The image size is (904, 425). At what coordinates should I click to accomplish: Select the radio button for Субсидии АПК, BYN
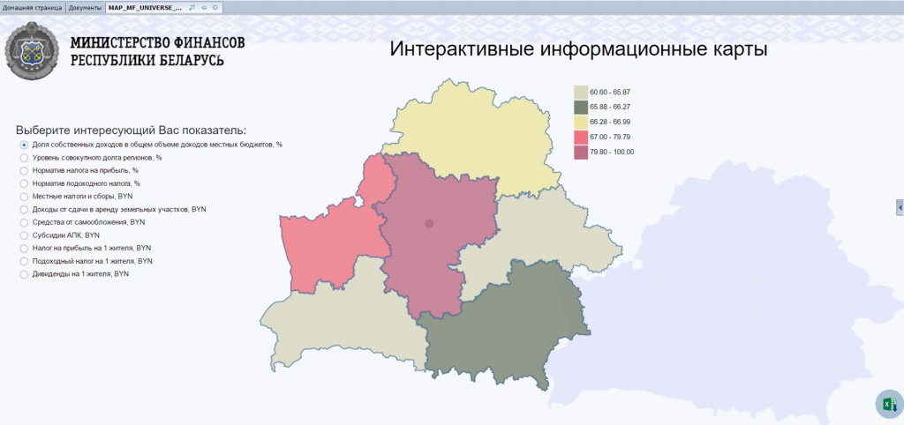coord(24,236)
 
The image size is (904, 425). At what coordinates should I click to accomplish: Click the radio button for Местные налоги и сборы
coord(24,197)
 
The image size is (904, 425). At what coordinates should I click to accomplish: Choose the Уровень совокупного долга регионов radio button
coord(24,157)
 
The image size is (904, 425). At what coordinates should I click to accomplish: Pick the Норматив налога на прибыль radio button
coord(24,170)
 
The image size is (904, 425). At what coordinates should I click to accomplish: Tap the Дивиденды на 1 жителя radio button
coord(24,275)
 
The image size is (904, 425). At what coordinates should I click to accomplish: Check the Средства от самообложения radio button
coord(24,223)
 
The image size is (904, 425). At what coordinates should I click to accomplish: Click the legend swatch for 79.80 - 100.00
coord(581,152)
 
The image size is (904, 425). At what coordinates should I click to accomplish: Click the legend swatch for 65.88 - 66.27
coord(581,107)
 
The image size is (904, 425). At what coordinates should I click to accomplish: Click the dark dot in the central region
coord(430,224)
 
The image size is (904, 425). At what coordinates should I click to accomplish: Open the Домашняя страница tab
coord(33,7)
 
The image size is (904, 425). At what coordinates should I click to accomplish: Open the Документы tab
coord(86,7)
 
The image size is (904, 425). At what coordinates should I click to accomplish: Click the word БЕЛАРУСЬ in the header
coord(185,61)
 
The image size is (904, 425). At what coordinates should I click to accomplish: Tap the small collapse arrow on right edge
coord(900,205)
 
